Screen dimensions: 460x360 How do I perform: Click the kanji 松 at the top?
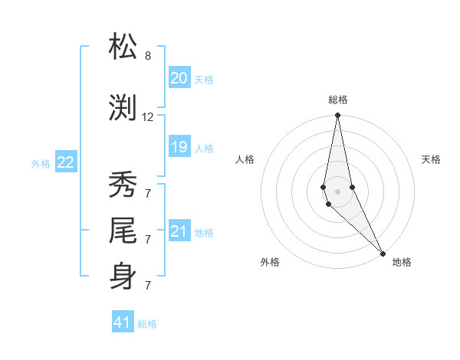click(123, 47)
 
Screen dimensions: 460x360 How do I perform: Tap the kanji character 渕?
click(123, 107)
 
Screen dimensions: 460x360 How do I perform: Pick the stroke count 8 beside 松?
click(148, 56)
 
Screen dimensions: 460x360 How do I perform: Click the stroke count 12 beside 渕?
click(148, 117)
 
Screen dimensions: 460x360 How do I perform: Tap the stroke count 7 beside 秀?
click(148, 192)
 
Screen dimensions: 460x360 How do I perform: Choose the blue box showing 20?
click(179, 78)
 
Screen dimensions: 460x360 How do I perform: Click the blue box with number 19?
click(179, 147)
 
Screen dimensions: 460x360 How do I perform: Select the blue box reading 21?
click(179, 231)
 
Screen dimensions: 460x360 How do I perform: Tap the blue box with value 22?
click(66, 162)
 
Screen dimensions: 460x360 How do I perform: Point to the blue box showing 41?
click(123, 322)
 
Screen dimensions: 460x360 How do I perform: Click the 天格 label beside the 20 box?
click(204, 80)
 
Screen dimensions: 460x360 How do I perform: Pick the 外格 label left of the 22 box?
click(41, 164)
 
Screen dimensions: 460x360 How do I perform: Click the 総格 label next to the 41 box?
click(147, 324)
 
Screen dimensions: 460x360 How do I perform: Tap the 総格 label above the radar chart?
click(338, 100)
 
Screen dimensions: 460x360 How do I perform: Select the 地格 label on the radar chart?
click(402, 262)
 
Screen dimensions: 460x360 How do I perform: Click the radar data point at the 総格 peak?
click(337, 116)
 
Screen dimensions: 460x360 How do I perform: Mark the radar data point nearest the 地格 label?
click(383, 253)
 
